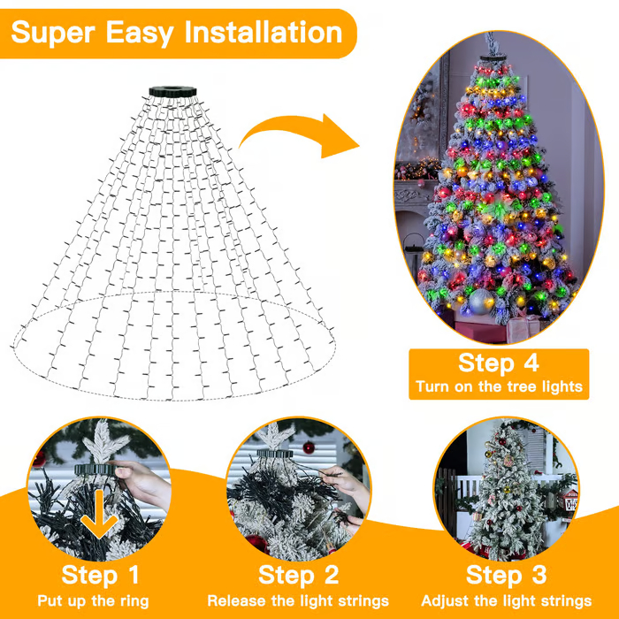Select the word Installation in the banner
(x=263, y=33)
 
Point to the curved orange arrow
(x=301, y=133)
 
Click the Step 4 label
(x=498, y=363)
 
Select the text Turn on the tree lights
(x=499, y=387)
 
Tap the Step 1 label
(x=101, y=576)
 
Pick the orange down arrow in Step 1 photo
(x=100, y=521)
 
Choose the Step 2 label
(x=298, y=576)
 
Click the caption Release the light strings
(x=298, y=601)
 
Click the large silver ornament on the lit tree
(x=479, y=302)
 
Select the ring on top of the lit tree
(x=492, y=58)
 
